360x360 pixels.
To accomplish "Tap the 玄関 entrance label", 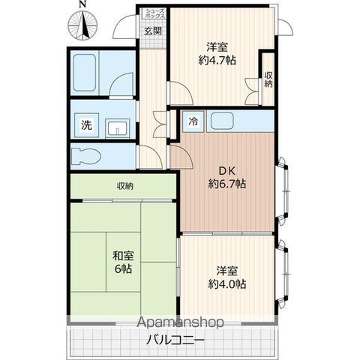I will point(151,31).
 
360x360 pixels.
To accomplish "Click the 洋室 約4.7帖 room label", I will point(217,52).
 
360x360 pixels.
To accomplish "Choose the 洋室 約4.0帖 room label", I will point(227,277).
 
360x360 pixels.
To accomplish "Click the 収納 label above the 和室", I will point(125,185).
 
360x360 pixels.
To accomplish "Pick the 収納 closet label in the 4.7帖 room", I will point(268,79).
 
